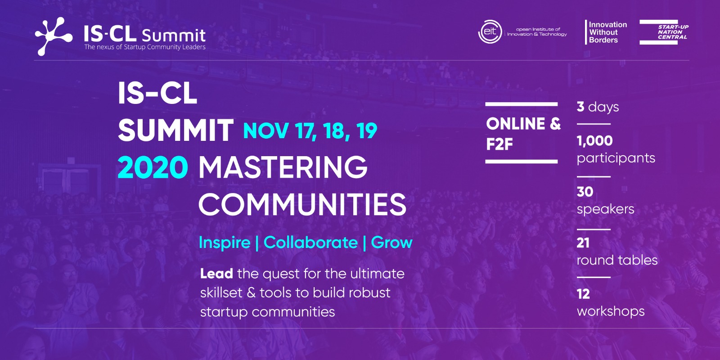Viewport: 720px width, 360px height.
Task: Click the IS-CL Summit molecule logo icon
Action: tap(54, 36)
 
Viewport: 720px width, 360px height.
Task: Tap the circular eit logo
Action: tap(490, 32)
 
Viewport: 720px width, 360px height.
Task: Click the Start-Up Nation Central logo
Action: tap(664, 32)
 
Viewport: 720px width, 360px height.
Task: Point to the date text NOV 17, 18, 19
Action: tap(310, 131)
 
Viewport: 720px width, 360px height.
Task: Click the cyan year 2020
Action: tap(153, 167)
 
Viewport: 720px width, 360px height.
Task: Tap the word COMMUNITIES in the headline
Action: tap(302, 204)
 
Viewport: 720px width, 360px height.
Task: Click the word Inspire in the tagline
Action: tap(225, 243)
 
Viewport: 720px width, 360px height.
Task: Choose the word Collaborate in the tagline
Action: tap(310, 243)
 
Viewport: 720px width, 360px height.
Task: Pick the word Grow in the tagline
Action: tap(391, 243)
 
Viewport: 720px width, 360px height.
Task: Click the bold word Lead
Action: tap(216, 274)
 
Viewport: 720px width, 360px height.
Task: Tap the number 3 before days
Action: tap(580, 107)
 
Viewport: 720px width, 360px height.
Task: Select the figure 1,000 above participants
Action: tap(594, 141)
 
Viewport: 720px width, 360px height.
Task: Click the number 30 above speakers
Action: tap(585, 192)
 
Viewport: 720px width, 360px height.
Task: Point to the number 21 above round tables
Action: tap(583, 243)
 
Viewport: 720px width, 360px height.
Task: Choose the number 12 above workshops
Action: tap(583, 294)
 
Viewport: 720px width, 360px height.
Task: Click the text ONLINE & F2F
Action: tap(523, 133)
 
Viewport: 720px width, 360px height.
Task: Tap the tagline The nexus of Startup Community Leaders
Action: tap(144, 47)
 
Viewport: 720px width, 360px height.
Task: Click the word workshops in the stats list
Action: tap(610, 311)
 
